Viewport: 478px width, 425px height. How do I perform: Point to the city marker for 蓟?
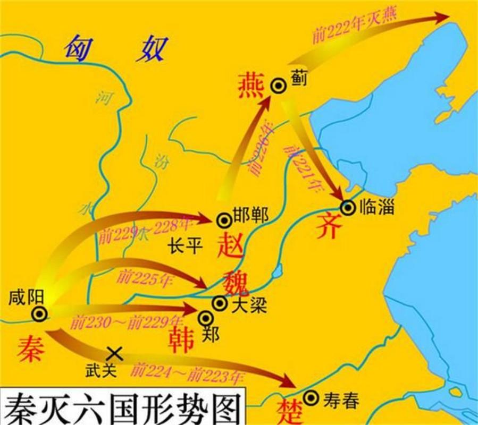278,84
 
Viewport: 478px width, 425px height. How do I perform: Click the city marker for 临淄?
348,208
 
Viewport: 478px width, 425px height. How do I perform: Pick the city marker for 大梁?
219,303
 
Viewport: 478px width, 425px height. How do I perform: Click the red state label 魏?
236,280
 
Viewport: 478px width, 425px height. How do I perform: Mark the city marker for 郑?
205,318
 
